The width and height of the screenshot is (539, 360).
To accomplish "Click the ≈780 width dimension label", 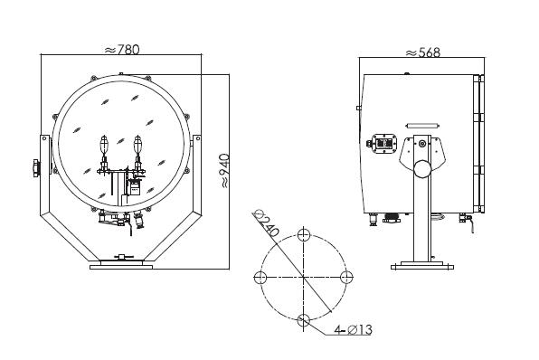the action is click(122, 50).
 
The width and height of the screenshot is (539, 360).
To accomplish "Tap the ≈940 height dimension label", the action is click(224, 171).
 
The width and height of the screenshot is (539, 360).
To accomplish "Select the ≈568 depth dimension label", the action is click(422, 52).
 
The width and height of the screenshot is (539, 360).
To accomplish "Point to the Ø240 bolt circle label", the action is click(265, 223).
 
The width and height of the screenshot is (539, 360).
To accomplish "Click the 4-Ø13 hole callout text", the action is click(353, 330).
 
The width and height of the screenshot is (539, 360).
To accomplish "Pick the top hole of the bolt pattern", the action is click(304, 235).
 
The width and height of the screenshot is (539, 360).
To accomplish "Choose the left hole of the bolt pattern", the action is click(260, 277).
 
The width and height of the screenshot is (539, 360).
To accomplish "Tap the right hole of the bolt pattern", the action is click(346, 277).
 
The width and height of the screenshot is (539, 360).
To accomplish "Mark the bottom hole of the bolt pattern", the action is click(303, 320).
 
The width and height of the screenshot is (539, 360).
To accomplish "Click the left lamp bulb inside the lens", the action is click(104, 145).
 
